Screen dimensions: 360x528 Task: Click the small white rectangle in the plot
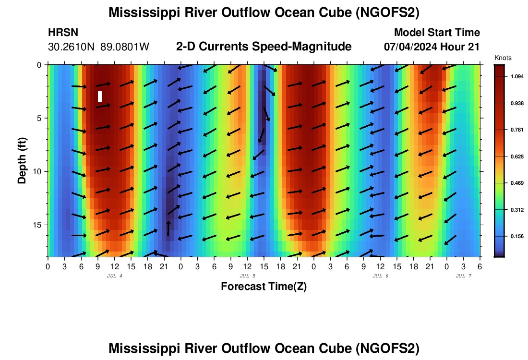click(100, 96)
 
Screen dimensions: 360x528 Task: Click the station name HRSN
click(63, 33)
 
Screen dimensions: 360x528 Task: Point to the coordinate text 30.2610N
click(72, 47)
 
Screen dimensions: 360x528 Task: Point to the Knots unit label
click(503, 58)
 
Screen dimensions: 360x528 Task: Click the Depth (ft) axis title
click(22, 158)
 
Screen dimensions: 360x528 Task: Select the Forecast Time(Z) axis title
click(264, 287)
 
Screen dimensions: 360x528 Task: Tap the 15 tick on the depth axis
click(40, 225)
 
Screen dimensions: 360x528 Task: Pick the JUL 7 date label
click(463, 276)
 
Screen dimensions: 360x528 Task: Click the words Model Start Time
click(436, 33)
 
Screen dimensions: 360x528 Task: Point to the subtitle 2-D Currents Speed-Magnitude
click(264, 47)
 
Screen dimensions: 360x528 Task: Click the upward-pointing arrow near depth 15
click(168, 228)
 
